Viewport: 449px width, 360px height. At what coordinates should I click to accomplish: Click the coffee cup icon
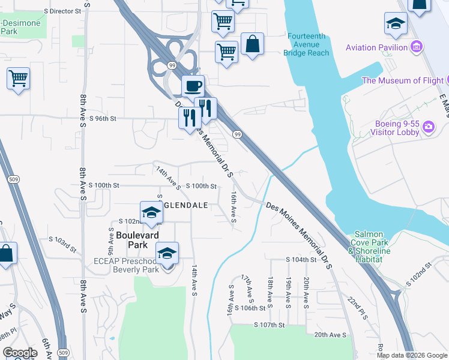point(193,86)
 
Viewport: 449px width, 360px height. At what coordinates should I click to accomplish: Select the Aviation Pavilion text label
point(376,47)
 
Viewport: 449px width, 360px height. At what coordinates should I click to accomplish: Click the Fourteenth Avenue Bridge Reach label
point(309,44)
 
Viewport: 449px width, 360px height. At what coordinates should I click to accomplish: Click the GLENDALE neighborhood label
point(186,205)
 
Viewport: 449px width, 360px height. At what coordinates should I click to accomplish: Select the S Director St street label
point(62,11)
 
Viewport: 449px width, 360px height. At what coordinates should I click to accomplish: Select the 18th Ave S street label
point(271,291)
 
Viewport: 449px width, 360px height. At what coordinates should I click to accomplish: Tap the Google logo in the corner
point(20,353)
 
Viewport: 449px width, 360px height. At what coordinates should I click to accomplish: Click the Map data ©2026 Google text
point(412,355)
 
